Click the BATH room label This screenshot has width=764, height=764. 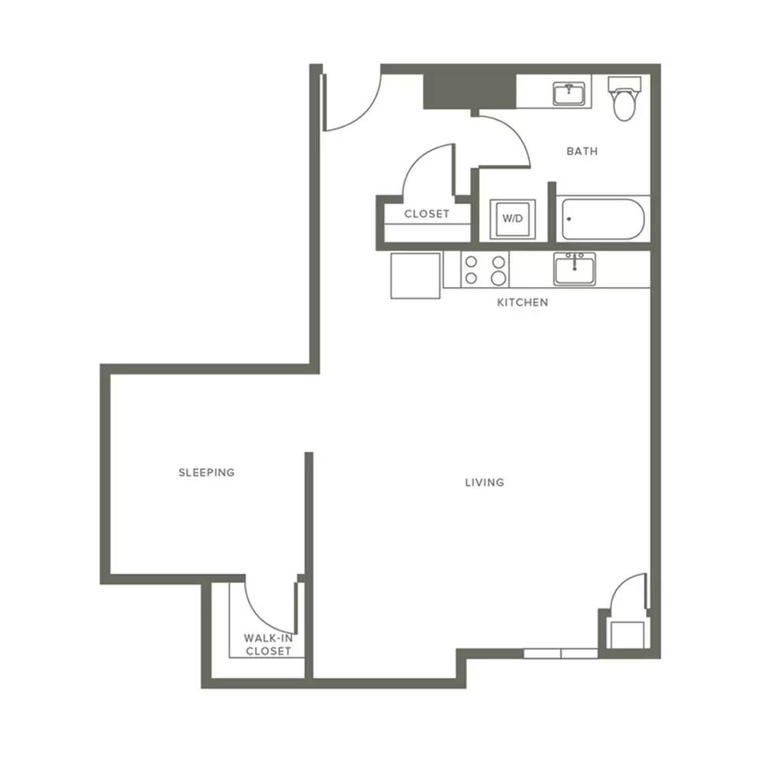(582, 152)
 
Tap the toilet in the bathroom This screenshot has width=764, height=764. (624, 98)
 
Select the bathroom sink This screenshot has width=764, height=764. (569, 94)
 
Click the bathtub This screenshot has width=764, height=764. (603, 219)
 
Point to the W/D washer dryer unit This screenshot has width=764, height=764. (513, 219)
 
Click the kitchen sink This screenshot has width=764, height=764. (575, 269)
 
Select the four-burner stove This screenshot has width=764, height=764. (485, 269)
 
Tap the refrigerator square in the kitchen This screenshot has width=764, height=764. (416, 275)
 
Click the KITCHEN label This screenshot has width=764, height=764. (522, 302)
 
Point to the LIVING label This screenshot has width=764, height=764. (485, 482)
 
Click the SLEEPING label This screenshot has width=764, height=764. (207, 472)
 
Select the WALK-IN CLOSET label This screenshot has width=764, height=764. (269, 645)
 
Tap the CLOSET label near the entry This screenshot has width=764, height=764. (427, 214)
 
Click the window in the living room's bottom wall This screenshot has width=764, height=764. (561, 653)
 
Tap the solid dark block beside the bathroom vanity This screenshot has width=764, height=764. (469, 92)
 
